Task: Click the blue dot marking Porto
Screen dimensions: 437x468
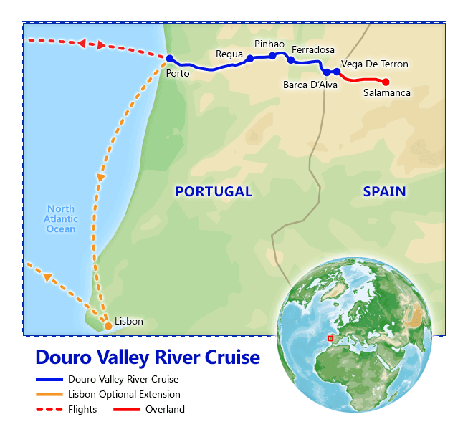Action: click(x=170, y=59)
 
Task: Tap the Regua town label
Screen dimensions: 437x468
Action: click(x=229, y=54)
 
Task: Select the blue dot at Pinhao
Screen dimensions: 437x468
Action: click(x=272, y=55)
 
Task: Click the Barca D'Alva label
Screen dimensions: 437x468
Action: click(x=308, y=85)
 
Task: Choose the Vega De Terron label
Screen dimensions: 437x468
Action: click(x=375, y=64)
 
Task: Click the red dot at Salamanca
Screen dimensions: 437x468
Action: click(x=386, y=82)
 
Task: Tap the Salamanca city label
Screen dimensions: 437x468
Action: click(x=386, y=93)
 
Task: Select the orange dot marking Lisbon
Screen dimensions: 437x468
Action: click(x=108, y=326)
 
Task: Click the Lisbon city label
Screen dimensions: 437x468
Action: click(x=128, y=322)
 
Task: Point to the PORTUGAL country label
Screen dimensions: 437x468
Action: click(x=214, y=191)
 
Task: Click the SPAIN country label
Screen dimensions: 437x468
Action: click(x=384, y=191)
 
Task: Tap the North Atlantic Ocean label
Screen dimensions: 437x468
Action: click(x=61, y=218)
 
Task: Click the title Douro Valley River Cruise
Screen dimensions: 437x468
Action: click(x=148, y=357)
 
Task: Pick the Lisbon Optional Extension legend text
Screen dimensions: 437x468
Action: click(x=124, y=394)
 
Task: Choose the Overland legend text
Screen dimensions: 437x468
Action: click(x=165, y=410)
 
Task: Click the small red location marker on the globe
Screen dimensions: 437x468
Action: click(x=330, y=337)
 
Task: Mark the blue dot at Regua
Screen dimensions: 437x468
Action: click(x=249, y=59)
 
